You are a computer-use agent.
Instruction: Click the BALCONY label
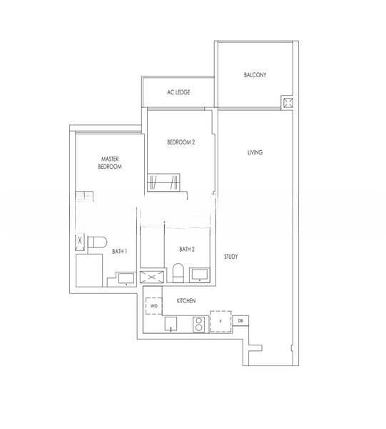[x=255, y=74]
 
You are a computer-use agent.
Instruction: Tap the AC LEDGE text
[x=178, y=92]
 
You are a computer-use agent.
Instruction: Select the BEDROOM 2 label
[x=181, y=142]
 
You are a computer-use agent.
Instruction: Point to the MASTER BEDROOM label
[x=110, y=163]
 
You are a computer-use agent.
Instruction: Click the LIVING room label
[x=255, y=152]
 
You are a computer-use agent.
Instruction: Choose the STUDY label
[x=231, y=257]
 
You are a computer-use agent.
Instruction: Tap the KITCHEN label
[x=186, y=301]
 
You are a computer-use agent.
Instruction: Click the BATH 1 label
[x=120, y=251]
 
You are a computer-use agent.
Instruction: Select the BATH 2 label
[x=187, y=250]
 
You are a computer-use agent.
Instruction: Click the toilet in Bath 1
[x=97, y=242]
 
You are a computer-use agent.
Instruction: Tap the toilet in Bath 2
[x=178, y=273]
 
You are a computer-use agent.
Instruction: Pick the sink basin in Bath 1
[x=126, y=279]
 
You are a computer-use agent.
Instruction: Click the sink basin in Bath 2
[x=200, y=275]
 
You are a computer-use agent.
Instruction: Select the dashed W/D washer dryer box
[x=154, y=306]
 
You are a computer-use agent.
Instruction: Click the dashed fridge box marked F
[x=221, y=322]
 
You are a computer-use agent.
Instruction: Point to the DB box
[x=240, y=320]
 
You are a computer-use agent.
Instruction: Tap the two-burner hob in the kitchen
[x=199, y=325]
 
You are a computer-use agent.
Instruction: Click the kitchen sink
[x=171, y=324]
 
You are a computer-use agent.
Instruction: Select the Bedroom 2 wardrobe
[x=163, y=182]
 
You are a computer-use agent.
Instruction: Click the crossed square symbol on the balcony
[x=288, y=103]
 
